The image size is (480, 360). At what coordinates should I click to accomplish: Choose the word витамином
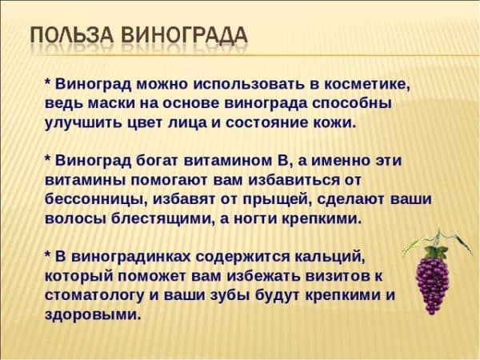(x=227, y=161)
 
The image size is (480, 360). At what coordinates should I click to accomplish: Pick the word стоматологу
(x=94, y=296)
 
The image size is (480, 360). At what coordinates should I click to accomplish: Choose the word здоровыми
(x=93, y=315)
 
